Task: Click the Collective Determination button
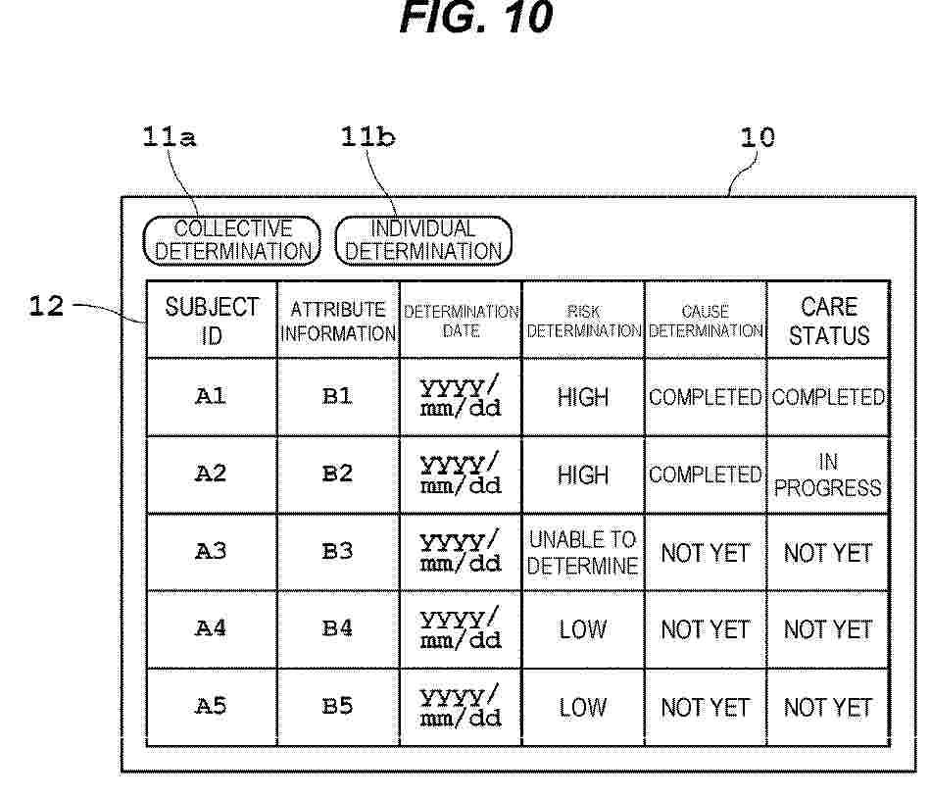click(x=232, y=240)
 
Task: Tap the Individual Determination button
click(x=423, y=240)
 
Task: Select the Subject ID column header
click(x=212, y=320)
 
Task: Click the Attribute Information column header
click(x=339, y=320)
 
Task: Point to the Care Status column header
click(x=829, y=320)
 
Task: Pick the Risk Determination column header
click(x=583, y=320)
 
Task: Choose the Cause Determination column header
click(x=706, y=320)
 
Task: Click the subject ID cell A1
click(x=212, y=397)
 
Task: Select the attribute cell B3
click(x=339, y=552)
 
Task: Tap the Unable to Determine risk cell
click(x=583, y=552)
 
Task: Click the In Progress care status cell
click(x=829, y=474)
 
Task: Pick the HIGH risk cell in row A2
click(x=583, y=474)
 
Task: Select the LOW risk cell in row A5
click(x=583, y=707)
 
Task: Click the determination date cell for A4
click(x=461, y=629)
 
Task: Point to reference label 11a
click(x=169, y=137)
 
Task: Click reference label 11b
click(x=367, y=137)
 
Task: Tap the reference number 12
click(x=46, y=306)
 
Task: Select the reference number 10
click(x=758, y=137)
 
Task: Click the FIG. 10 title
click(x=476, y=17)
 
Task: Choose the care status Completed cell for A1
click(x=829, y=397)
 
